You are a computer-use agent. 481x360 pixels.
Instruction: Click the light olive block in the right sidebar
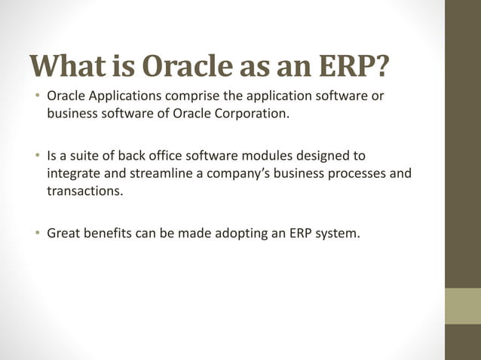(463, 306)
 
